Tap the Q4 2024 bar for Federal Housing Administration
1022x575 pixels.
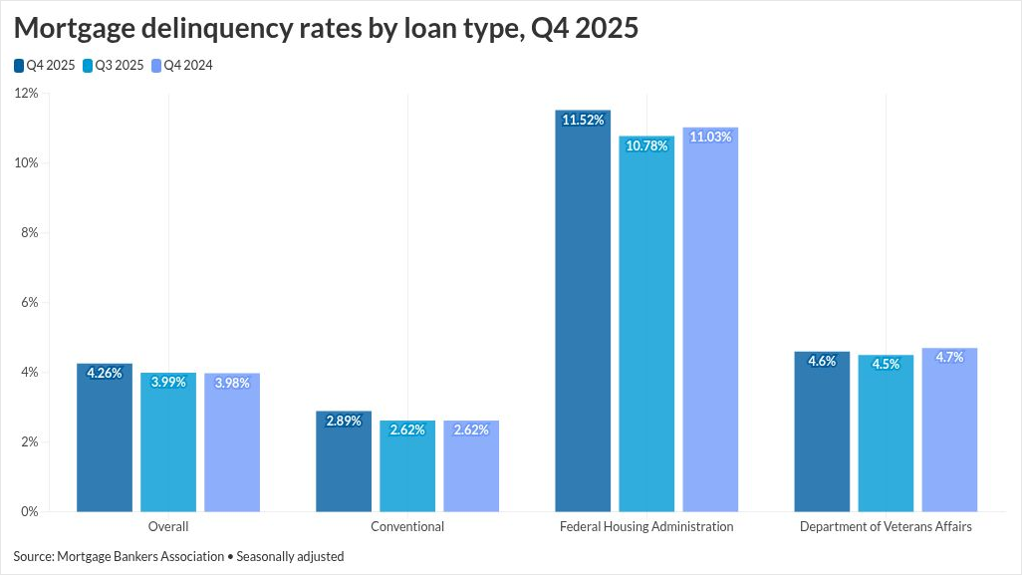coord(710,320)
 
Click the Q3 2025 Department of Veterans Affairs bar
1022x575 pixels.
coord(886,433)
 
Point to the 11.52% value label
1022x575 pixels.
coord(583,120)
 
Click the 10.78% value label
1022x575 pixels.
coord(646,145)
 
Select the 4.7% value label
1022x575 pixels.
coord(949,357)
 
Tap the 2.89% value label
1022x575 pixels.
coord(344,421)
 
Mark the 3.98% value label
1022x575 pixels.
coord(232,383)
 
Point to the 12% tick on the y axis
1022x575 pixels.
coord(26,94)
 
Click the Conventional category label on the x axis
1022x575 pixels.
coord(407,526)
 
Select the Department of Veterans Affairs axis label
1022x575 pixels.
coord(886,526)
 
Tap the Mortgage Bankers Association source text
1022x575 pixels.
coord(140,556)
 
